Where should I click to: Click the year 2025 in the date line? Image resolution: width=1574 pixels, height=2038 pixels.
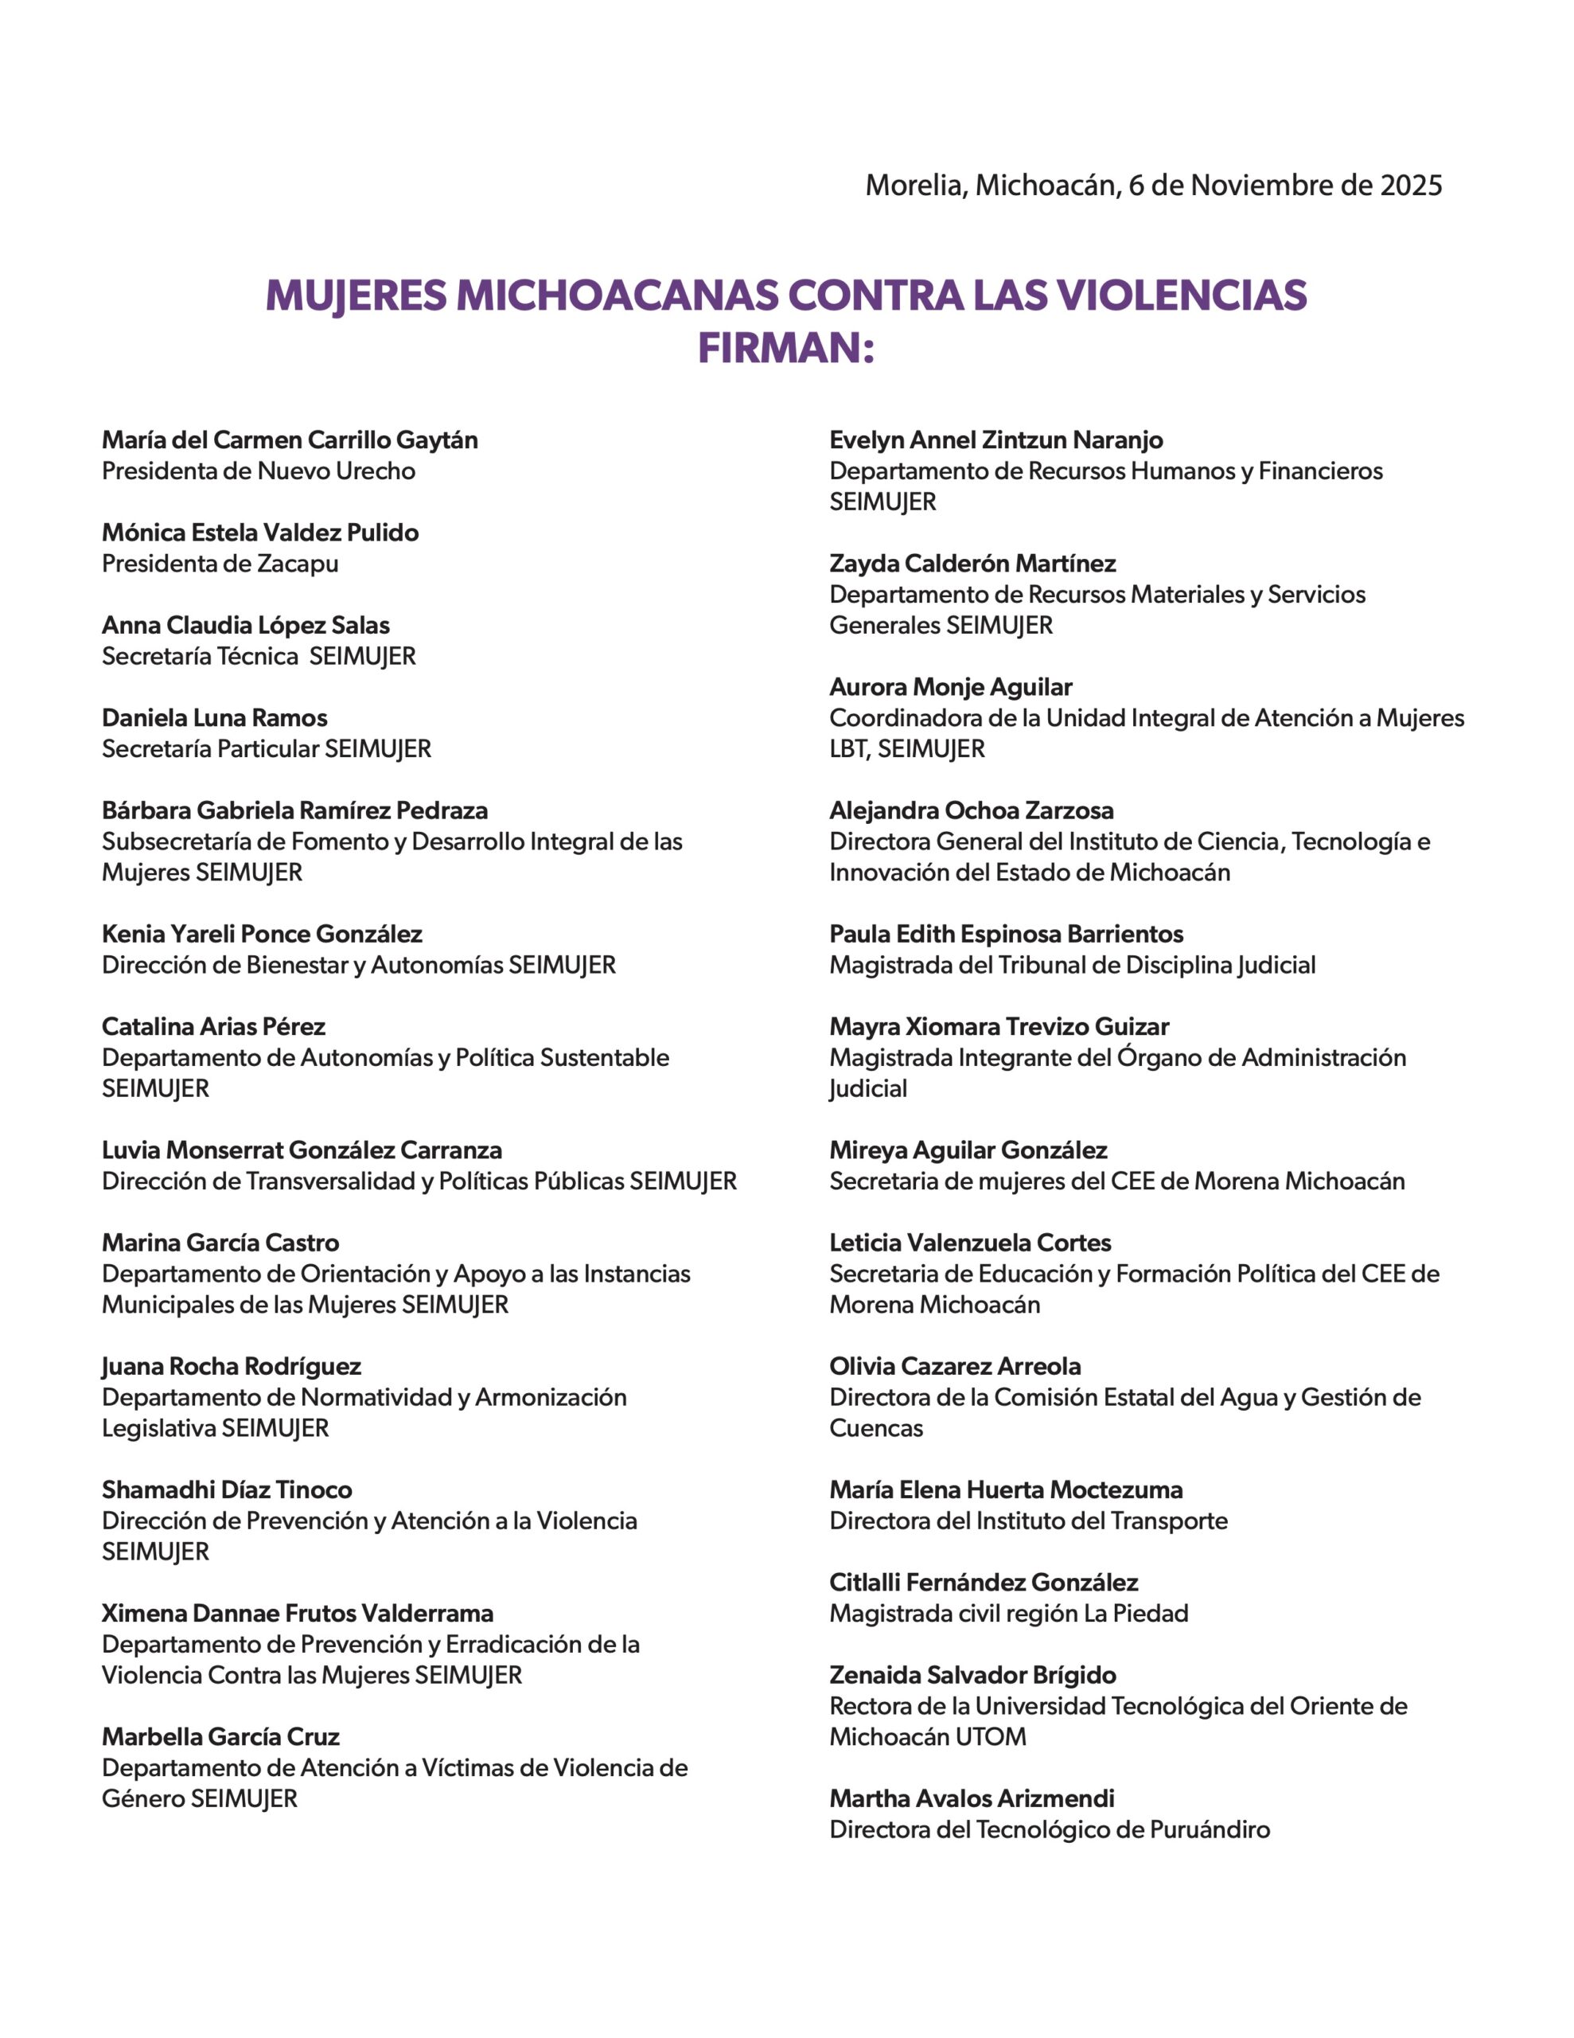[x=1411, y=185]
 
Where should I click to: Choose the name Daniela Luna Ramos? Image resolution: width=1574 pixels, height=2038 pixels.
[x=215, y=717]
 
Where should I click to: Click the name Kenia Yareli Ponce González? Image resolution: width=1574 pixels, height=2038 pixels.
[x=262, y=934]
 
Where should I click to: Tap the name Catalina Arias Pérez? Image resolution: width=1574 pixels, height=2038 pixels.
[x=214, y=1026]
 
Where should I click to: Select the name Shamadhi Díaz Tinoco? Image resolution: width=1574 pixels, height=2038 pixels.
[x=227, y=1490]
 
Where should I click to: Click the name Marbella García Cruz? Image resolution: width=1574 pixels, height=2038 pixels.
[x=220, y=1736]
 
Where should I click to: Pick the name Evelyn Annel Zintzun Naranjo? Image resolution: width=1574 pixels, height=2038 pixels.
[x=996, y=439]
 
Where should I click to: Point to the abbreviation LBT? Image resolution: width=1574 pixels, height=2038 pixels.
[x=850, y=749]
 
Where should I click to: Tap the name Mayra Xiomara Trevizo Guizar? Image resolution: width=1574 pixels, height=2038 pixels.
[x=999, y=1026]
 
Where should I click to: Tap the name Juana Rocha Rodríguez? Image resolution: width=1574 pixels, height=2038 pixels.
[x=232, y=1366]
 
